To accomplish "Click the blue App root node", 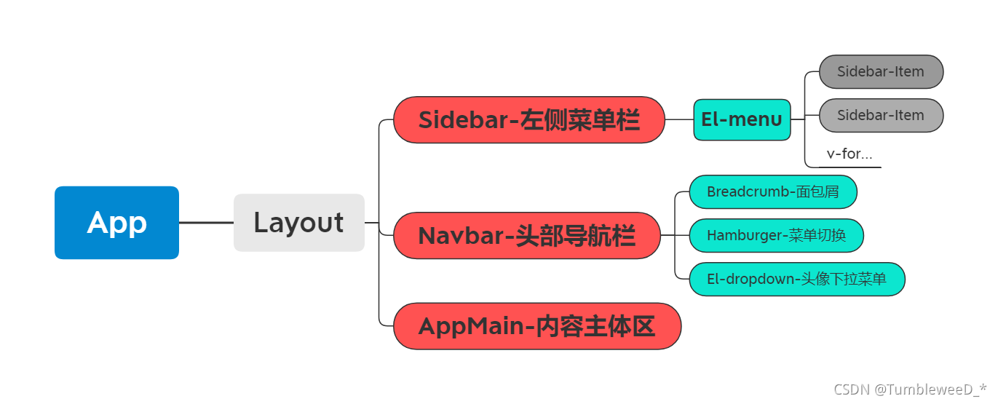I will coord(116,223).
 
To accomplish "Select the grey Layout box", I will coord(298,223).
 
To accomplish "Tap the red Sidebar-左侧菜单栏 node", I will coord(529,120).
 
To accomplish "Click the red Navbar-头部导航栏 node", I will coord(527,236).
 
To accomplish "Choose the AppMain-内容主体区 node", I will coord(537,326).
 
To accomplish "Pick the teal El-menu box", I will coord(742,120).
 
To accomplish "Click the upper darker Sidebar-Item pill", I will coord(881,72).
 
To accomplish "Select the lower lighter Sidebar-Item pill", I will coord(881,115).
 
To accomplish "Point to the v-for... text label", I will coord(850,154).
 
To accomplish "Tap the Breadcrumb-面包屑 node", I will coord(772,192).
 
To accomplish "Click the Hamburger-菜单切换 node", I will coord(776,235).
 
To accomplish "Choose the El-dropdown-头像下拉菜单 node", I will coord(796,279).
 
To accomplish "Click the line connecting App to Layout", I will coord(206,223).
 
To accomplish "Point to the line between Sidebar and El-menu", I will coord(679,120).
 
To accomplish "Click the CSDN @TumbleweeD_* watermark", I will coord(910,389).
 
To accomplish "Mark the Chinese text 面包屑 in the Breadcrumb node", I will coord(817,192).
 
